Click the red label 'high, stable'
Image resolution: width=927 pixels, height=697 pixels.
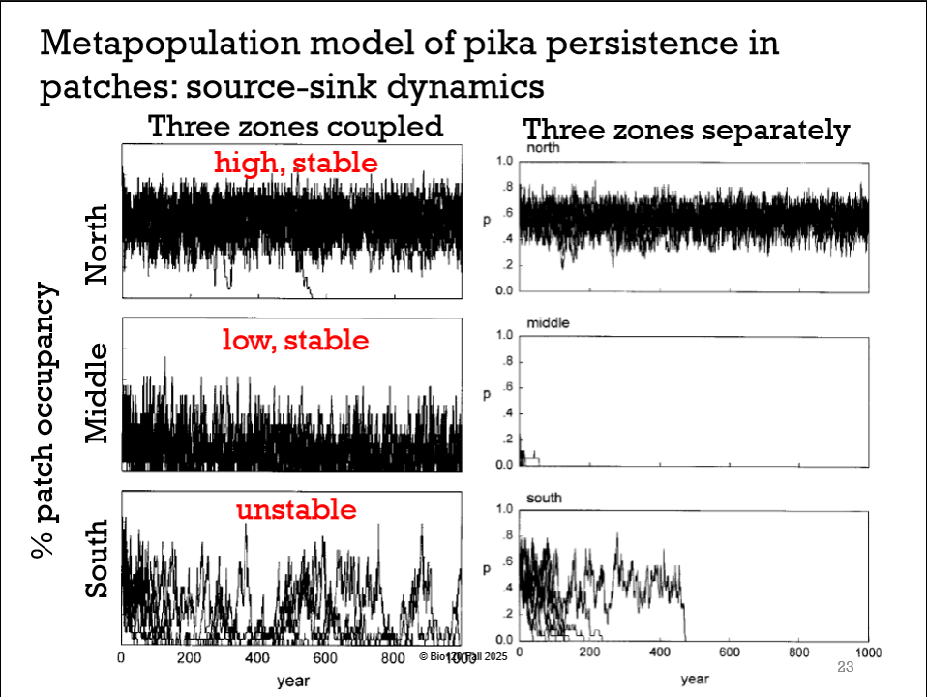(296, 163)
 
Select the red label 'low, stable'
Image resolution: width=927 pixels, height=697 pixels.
(295, 340)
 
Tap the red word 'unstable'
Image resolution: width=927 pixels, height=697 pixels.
(296, 509)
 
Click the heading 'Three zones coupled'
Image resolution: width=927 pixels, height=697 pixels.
(295, 126)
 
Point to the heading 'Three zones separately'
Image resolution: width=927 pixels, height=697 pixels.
(686, 130)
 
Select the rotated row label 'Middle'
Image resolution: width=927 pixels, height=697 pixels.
(98, 394)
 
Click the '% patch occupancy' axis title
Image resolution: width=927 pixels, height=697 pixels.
(45, 422)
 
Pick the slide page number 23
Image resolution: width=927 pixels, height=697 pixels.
(844, 667)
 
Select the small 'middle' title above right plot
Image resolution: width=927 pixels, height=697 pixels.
(548, 322)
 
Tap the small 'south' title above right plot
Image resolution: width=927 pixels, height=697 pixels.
(543, 498)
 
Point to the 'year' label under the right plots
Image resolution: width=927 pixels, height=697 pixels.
(695, 679)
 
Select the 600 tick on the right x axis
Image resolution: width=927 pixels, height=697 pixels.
(729, 652)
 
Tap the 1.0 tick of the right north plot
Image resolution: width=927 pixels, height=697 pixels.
(503, 161)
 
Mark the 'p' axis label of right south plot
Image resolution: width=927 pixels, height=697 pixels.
(488, 570)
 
